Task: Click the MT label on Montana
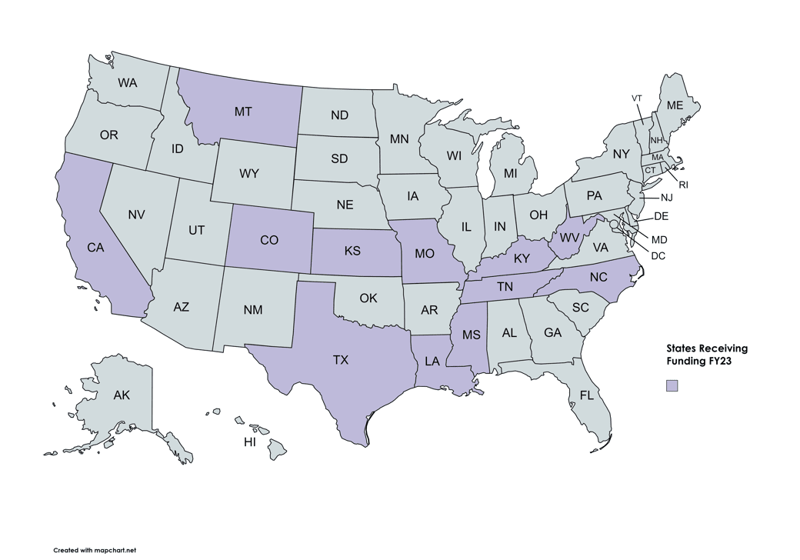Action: point(243,112)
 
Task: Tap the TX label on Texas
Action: point(341,360)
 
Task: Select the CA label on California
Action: point(95,248)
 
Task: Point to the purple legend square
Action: point(672,385)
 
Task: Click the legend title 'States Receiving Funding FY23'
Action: point(706,355)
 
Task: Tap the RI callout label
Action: point(683,185)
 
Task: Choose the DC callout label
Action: point(658,255)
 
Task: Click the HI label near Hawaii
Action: point(250,442)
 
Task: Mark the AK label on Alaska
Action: point(122,395)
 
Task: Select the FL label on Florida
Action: point(587,396)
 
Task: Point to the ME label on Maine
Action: point(675,105)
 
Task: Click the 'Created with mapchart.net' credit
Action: point(95,550)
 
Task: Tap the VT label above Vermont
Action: point(637,98)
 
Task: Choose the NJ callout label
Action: point(666,198)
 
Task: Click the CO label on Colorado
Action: point(269,240)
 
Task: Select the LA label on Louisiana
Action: point(432,360)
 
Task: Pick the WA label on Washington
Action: point(128,82)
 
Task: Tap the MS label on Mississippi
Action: point(471,335)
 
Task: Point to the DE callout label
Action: point(662,216)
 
